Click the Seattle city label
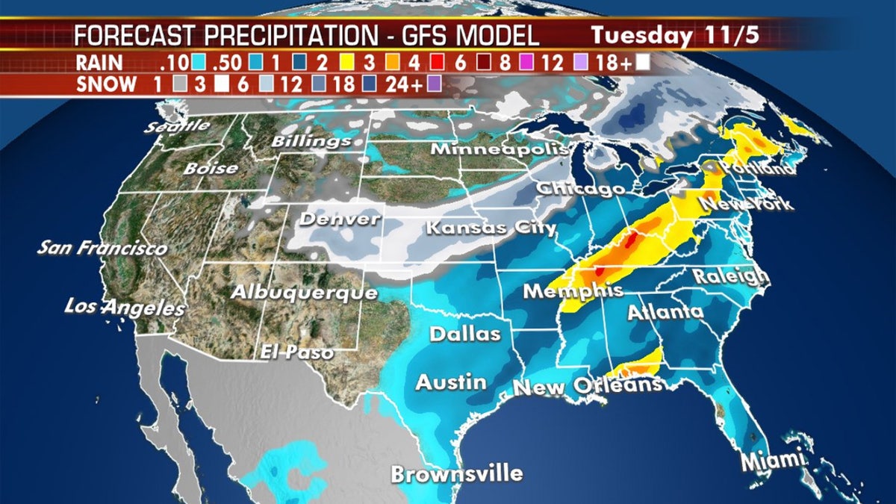pyautogui.click(x=178, y=126)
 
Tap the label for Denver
pyautogui.click(x=340, y=220)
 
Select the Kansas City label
pyautogui.click(x=491, y=227)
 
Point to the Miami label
pyautogui.click(x=773, y=460)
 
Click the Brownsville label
pyautogui.click(x=456, y=474)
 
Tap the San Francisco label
pyautogui.click(x=102, y=247)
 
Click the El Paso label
pyautogui.click(x=296, y=351)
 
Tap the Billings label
pyautogui.click(x=311, y=140)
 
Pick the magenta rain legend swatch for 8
pyautogui.click(x=517, y=63)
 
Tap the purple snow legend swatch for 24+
pyautogui.click(x=434, y=84)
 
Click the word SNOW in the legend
pyautogui.click(x=107, y=84)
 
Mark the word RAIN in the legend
pyautogui.click(x=102, y=63)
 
